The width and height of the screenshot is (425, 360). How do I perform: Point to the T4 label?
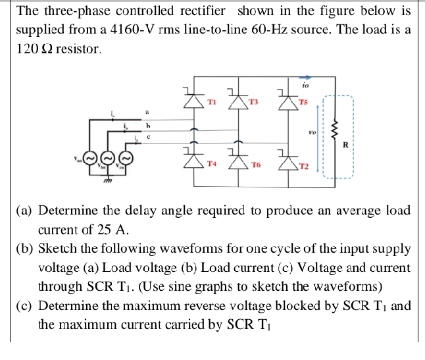coord(211,163)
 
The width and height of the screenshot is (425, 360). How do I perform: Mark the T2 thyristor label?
coord(303,167)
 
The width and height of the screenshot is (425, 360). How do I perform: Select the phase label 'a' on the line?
coord(147,113)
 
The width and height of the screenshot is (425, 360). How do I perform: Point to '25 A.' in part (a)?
coord(116,230)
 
